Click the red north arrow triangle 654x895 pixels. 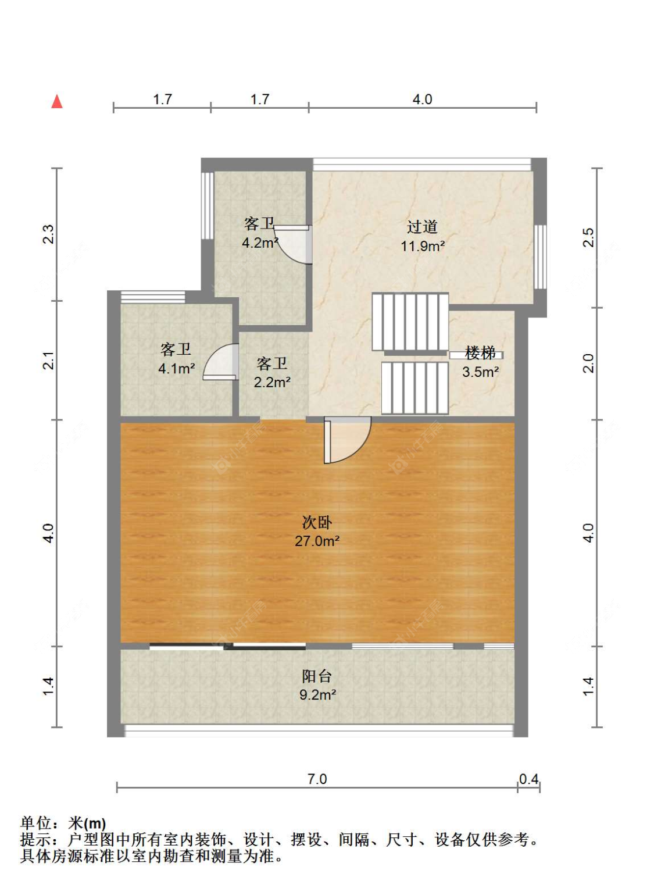coord(56,102)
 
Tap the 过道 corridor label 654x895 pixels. coord(422,226)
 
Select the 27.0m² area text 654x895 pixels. coord(317,541)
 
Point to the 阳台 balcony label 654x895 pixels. coord(317,676)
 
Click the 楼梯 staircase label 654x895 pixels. coord(480,352)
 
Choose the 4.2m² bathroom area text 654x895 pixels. coord(259,243)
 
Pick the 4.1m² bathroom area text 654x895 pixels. coord(176,368)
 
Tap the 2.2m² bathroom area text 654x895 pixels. coord(272,382)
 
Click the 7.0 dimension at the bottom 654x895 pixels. coord(317,779)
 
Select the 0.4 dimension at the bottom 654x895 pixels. coord(528,779)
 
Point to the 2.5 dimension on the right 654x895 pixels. coord(588,237)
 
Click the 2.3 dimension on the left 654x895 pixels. coord(48,234)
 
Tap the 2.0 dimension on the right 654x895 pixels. coord(588,363)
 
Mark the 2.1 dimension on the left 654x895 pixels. coord(48,361)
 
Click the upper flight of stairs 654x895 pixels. coord(410,322)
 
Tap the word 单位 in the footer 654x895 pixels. coord(36,823)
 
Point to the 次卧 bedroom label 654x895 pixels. coord(317,522)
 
